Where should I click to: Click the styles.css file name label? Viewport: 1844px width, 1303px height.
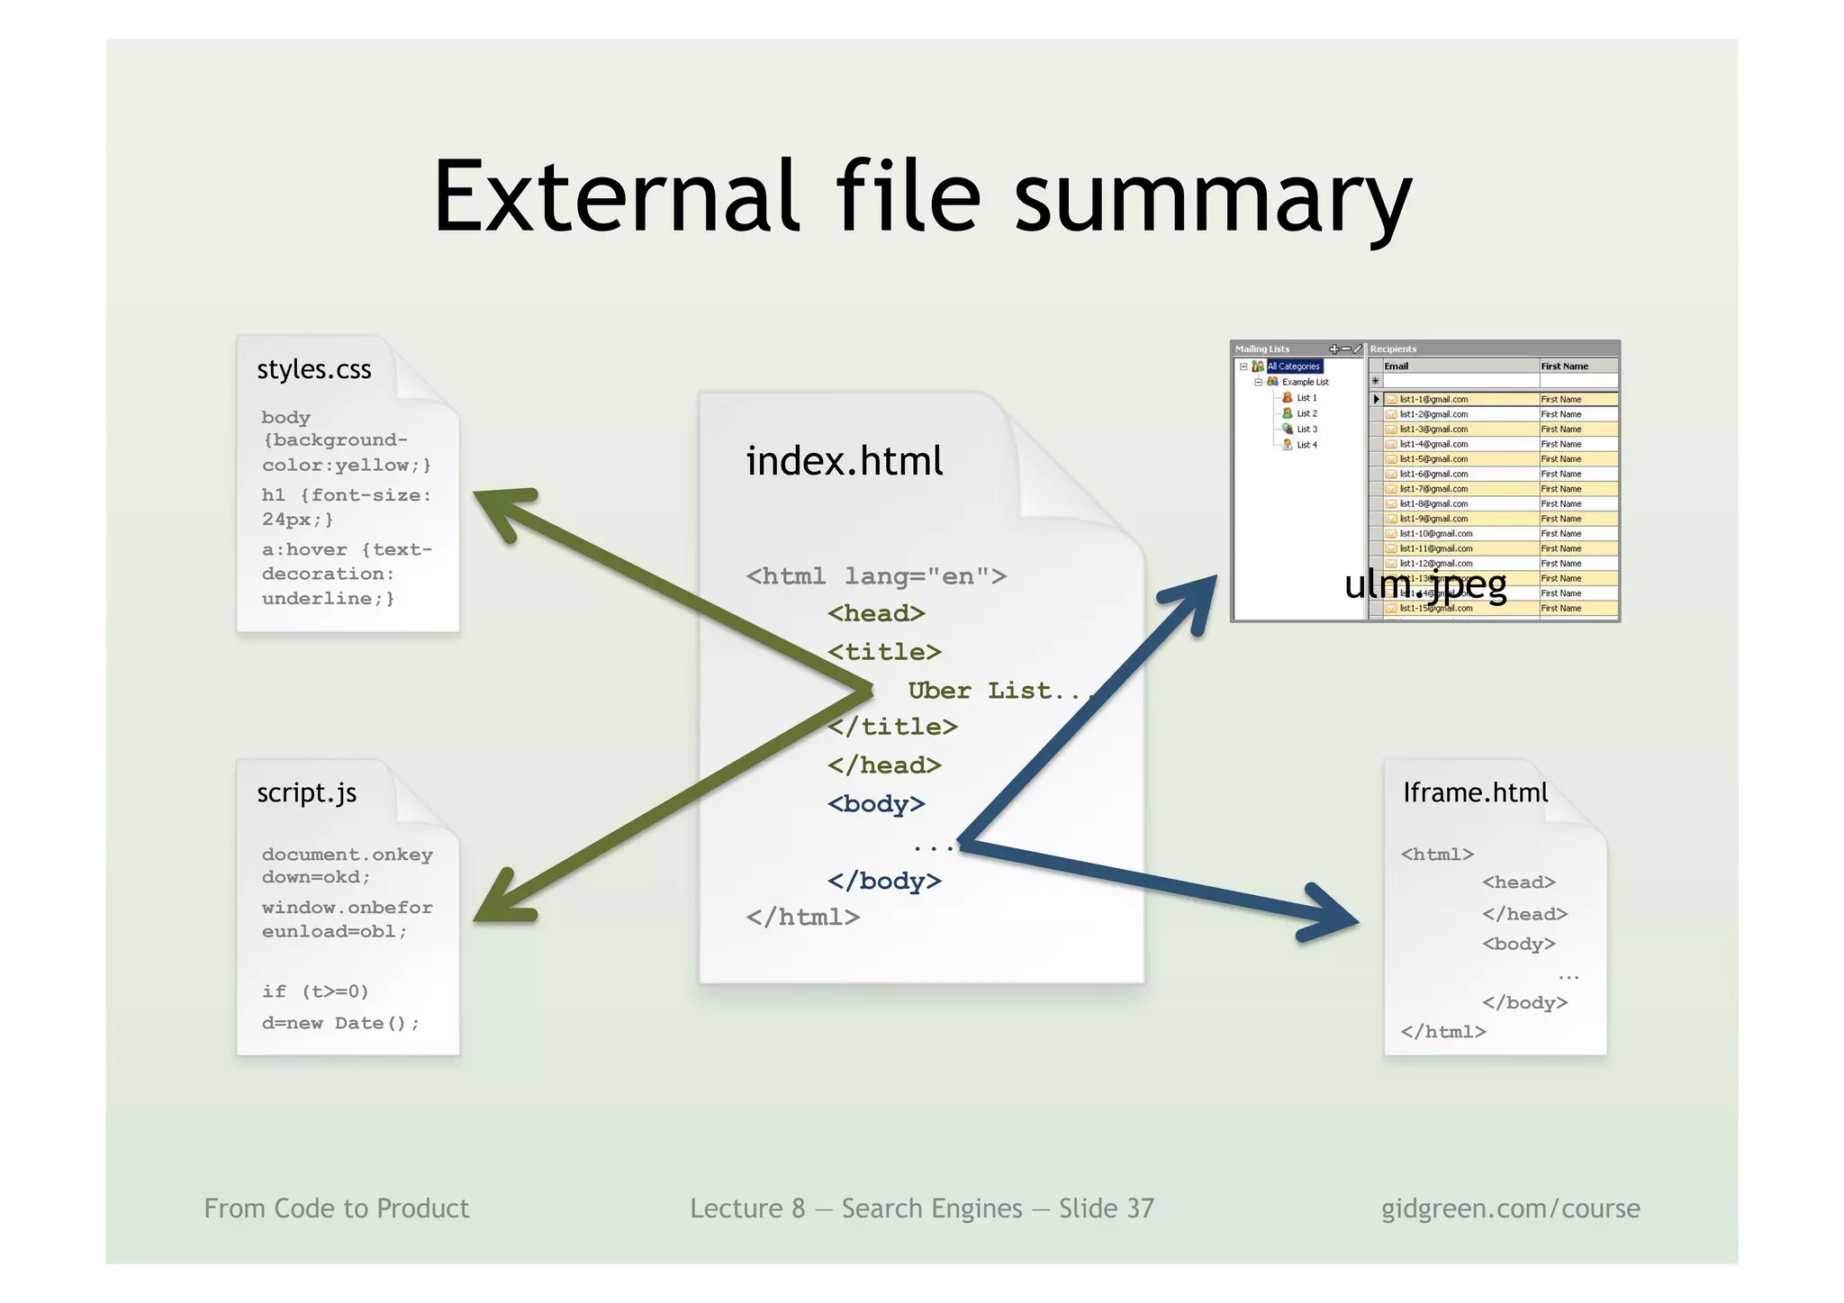pyautogui.click(x=313, y=369)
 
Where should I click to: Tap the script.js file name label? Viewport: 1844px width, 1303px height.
pyautogui.click(x=306, y=792)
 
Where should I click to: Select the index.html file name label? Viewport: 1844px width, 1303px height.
pyautogui.click(x=844, y=461)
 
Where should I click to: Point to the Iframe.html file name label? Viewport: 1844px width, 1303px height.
pyautogui.click(x=1475, y=792)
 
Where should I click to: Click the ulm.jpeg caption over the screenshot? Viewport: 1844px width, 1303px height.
pyautogui.click(x=1424, y=585)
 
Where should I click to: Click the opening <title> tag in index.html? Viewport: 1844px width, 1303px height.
pyautogui.click(x=884, y=652)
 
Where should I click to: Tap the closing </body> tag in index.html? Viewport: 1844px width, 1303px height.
pyautogui.click(x=884, y=881)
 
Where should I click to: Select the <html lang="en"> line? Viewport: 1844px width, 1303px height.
pyautogui.click(x=876, y=576)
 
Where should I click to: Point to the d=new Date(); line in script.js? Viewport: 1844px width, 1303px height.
pyautogui.click(x=340, y=1023)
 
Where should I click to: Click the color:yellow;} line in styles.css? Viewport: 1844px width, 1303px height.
pyautogui.click(x=347, y=466)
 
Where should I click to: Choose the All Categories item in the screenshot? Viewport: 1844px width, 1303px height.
pyautogui.click(x=1294, y=366)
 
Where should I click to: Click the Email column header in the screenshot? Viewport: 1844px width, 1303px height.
pyautogui.click(x=1396, y=366)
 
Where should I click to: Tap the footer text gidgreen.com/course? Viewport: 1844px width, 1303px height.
pyautogui.click(x=1510, y=1208)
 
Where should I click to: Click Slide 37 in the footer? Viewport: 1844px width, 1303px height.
pyautogui.click(x=1106, y=1208)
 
